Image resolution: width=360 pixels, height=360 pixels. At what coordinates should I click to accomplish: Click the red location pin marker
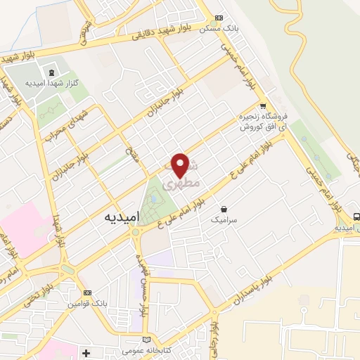[x=181, y=165]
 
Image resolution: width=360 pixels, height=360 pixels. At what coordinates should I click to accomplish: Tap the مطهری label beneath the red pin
[x=181, y=184]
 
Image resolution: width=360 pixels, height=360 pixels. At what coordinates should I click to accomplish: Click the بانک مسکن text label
[x=215, y=29]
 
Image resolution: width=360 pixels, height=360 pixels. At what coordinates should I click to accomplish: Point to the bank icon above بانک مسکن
[x=218, y=17]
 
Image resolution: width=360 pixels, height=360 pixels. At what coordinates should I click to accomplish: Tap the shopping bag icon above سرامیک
[x=224, y=209]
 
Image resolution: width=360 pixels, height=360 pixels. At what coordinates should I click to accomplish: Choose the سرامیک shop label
[x=224, y=220]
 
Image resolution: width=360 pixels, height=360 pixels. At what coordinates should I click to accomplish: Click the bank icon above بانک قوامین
[x=87, y=292]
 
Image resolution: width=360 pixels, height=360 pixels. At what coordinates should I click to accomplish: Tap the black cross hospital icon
[x=86, y=352]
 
